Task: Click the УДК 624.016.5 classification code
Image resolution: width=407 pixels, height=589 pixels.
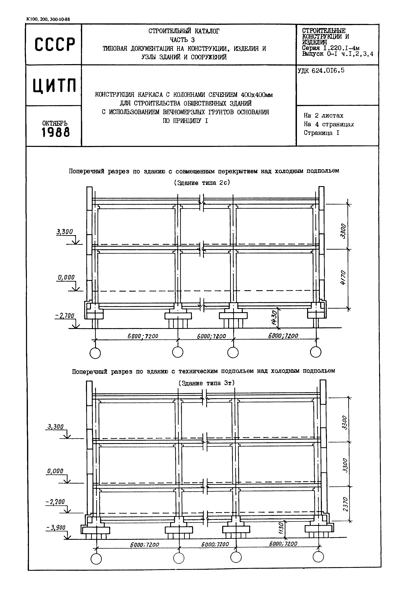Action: (x=321, y=71)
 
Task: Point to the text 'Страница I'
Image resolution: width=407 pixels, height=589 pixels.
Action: (x=321, y=133)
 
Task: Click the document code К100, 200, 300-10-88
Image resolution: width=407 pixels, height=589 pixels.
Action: (x=48, y=19)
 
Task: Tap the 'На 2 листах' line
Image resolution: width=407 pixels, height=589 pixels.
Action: (x=323, y=116)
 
